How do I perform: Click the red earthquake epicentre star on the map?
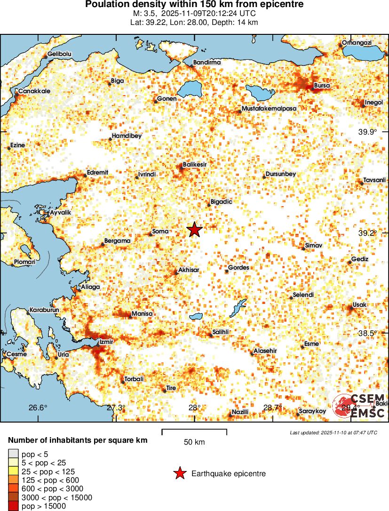(x=194, y=230)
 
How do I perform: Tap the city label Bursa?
(x=322, y=86)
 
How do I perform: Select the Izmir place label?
(x=106, y=342)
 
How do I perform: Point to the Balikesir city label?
(x=195, y=164)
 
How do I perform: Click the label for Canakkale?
(x=34, y=91)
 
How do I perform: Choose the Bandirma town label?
(x=207, y=62)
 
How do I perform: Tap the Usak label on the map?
(x=359, y=305)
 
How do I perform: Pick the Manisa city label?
(x=143, y=314)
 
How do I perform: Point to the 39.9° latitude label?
(x=367, y=132)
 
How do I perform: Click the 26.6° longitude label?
(x=38, y=407)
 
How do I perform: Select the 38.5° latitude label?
(x=367, y=333)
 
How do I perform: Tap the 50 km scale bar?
(x=194, y=430)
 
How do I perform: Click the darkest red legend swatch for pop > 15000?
(x=14, y=506)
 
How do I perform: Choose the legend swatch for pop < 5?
(x=14, y=454)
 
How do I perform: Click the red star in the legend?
(x=179, y=473)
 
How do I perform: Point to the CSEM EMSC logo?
(x=360, y=406)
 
